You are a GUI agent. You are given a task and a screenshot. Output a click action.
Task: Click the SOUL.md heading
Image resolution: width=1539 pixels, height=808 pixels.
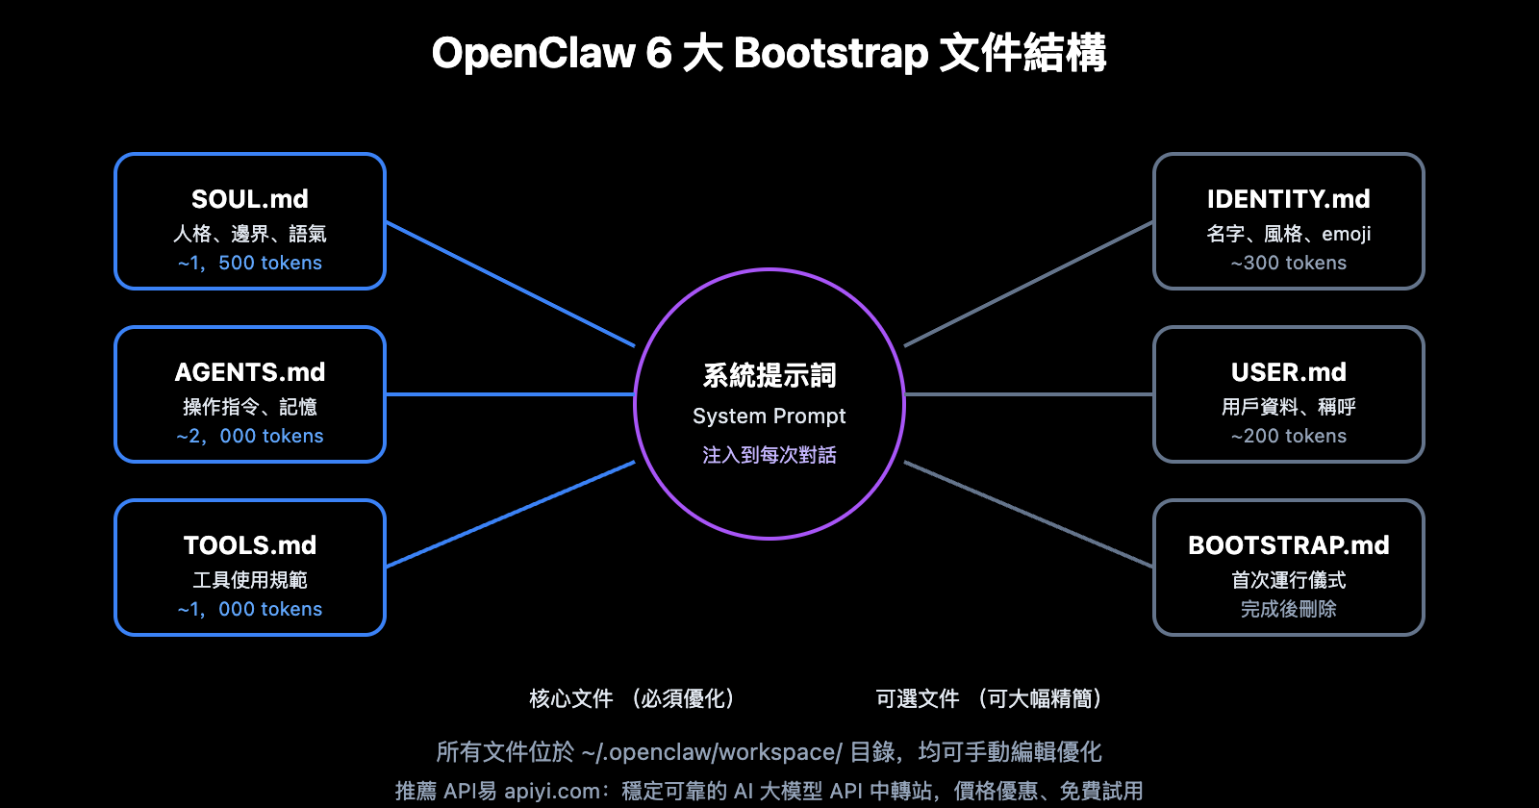point(250,199)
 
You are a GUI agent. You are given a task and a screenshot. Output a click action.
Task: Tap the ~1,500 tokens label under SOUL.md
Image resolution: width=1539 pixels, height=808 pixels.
point(250,263)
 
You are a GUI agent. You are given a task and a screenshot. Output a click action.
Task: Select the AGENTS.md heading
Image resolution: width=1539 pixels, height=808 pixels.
point(250,372)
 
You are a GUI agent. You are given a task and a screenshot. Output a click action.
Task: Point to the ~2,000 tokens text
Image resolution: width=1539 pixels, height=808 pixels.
point(250,436)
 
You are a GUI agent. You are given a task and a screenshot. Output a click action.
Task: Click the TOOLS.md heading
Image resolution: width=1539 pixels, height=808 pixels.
point(250,545)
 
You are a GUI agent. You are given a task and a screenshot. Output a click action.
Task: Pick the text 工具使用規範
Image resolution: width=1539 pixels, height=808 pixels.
point(250,580)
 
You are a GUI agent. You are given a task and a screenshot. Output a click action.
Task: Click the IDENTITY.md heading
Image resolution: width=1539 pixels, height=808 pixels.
point(1288,199)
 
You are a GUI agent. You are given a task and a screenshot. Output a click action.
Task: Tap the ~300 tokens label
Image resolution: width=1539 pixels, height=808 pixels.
point(1288,263)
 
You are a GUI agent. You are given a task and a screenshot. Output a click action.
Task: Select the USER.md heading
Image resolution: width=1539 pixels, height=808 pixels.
point(1288,372)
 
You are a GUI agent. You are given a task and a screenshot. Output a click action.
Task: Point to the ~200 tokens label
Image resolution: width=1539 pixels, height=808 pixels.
point(1288,436)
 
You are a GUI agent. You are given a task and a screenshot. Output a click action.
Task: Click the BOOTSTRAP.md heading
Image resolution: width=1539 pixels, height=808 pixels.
point(1288,545)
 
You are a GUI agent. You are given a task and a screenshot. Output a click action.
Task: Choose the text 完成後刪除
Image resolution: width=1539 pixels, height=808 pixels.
point(1288,609)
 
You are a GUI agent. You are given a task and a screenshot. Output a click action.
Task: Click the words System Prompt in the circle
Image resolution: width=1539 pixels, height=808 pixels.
point(769,416)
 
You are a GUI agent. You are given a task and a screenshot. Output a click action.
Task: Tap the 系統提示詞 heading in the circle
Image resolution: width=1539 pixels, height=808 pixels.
point(769,375)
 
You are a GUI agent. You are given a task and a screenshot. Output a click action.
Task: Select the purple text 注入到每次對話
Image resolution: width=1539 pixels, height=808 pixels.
point(769,455)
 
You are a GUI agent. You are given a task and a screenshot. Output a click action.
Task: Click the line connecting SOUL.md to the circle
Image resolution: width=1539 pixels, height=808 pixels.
point(510,284)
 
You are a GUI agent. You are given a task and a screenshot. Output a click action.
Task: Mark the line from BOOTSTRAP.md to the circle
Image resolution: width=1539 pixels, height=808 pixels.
point(1029,515)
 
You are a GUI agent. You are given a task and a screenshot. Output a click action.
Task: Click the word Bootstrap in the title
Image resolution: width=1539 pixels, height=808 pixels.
point(830,53)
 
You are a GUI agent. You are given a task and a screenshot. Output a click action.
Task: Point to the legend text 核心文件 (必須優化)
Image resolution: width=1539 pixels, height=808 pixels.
point(633,698)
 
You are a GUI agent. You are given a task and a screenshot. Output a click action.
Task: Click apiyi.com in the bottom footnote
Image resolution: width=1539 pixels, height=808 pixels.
point(551,791)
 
